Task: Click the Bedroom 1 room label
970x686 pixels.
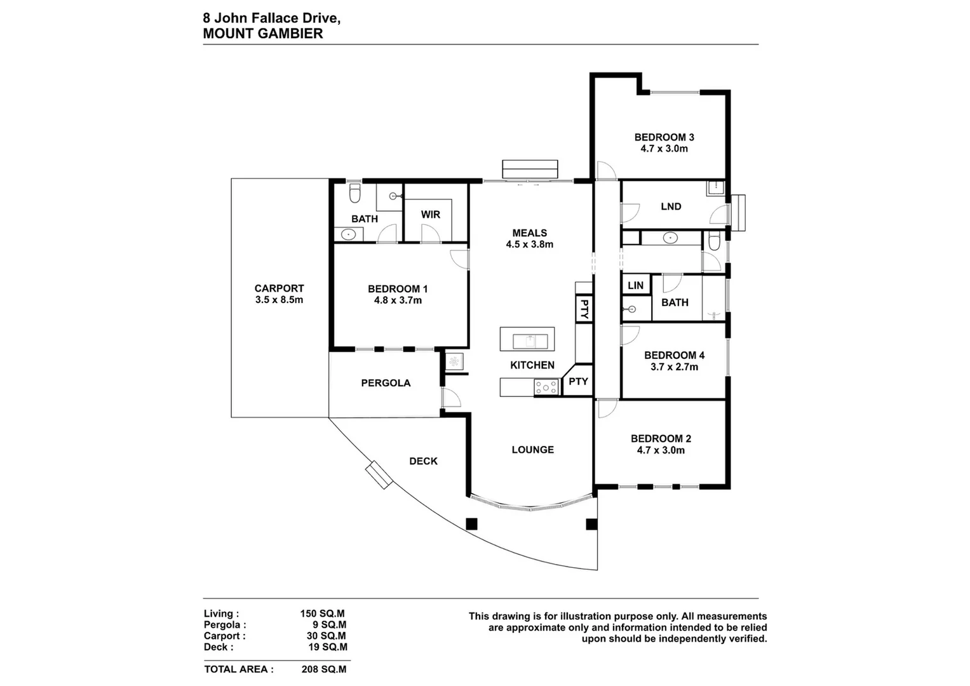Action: tap(398, 289)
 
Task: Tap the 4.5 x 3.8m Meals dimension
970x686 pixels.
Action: tap(529, 245)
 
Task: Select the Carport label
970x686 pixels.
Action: tap(279, 288)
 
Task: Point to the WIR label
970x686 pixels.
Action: tap(430, 215)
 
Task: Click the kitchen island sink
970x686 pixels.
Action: tap(527, 341)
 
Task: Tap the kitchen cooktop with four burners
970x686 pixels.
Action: tap(546, 387)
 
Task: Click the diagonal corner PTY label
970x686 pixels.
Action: tap(578, 382)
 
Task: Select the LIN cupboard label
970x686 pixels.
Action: tap(635, 286)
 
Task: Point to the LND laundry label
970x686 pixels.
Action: tap(671, 206)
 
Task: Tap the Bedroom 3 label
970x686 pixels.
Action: tap(664, 137)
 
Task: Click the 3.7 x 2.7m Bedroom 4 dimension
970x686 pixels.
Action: tap(674, 367)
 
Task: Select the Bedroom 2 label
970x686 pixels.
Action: tap(661, 439)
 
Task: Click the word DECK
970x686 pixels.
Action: tap(423, 461)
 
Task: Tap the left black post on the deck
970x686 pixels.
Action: tap(471, 524)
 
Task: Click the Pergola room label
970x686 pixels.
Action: tap(386, 383)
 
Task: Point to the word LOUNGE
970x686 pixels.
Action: tap(532, 450)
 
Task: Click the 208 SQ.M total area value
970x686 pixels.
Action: tap(324, 669)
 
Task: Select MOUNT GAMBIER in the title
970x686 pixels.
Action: tap(262, 34)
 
